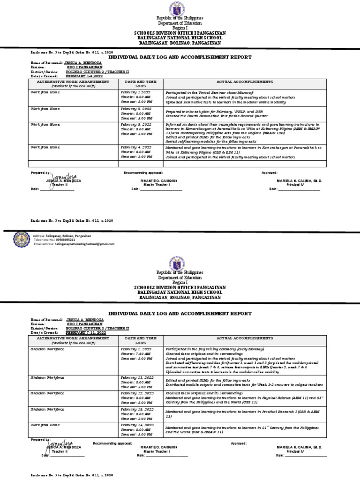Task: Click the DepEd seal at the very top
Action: click(180, 9)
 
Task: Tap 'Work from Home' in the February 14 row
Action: click(45, 425)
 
